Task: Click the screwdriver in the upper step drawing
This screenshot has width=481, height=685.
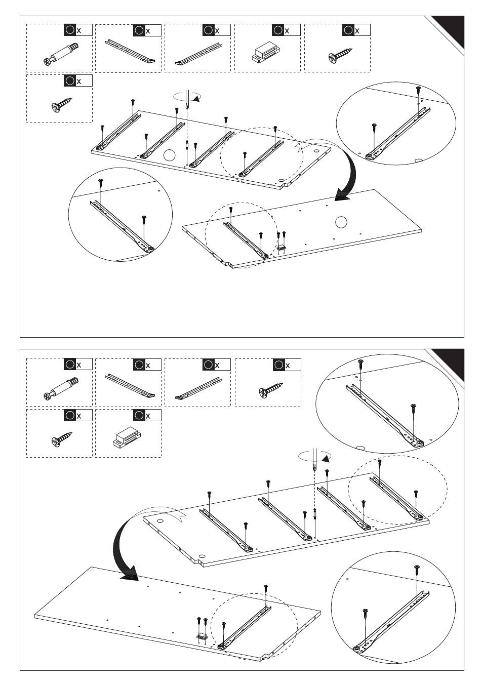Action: tap(187, 101)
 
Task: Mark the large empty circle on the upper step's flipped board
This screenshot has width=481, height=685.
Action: tap(341, 222)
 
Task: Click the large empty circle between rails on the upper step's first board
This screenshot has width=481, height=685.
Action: tap(169, 155)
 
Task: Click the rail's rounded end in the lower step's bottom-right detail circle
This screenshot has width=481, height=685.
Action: tap(359, 648)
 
